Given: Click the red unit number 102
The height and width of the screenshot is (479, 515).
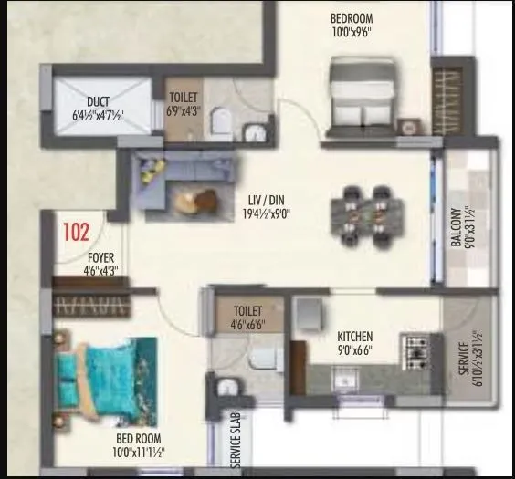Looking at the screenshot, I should tap(75, 232).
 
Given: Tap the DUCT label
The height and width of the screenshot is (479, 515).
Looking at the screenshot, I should tap(99, 101).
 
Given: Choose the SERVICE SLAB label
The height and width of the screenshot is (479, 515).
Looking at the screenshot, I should tap(235, 443).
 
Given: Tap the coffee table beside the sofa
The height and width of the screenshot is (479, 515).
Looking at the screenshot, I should tap(197, 199).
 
